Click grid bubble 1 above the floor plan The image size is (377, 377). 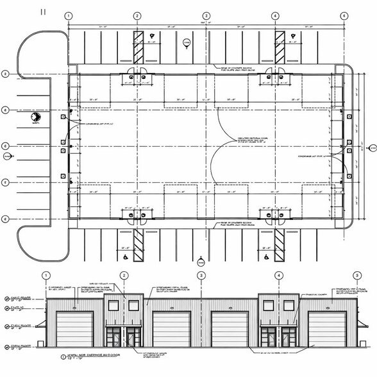pyautogui.click(x=69, y=15)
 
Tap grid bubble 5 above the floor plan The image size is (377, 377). pyautogui.click(x=344, y=15)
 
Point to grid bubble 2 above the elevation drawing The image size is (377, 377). pyautogui.click(x=124, y=276)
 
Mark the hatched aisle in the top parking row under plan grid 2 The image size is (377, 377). pyautogui.click(x=137, y=46)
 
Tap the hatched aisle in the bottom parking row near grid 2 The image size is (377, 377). pyautogui.click(x=137, y=244)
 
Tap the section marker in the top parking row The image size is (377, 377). pyautogui.click(x=187, y=42)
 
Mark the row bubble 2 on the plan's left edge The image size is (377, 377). pyautogui.click(x=5, y=74)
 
